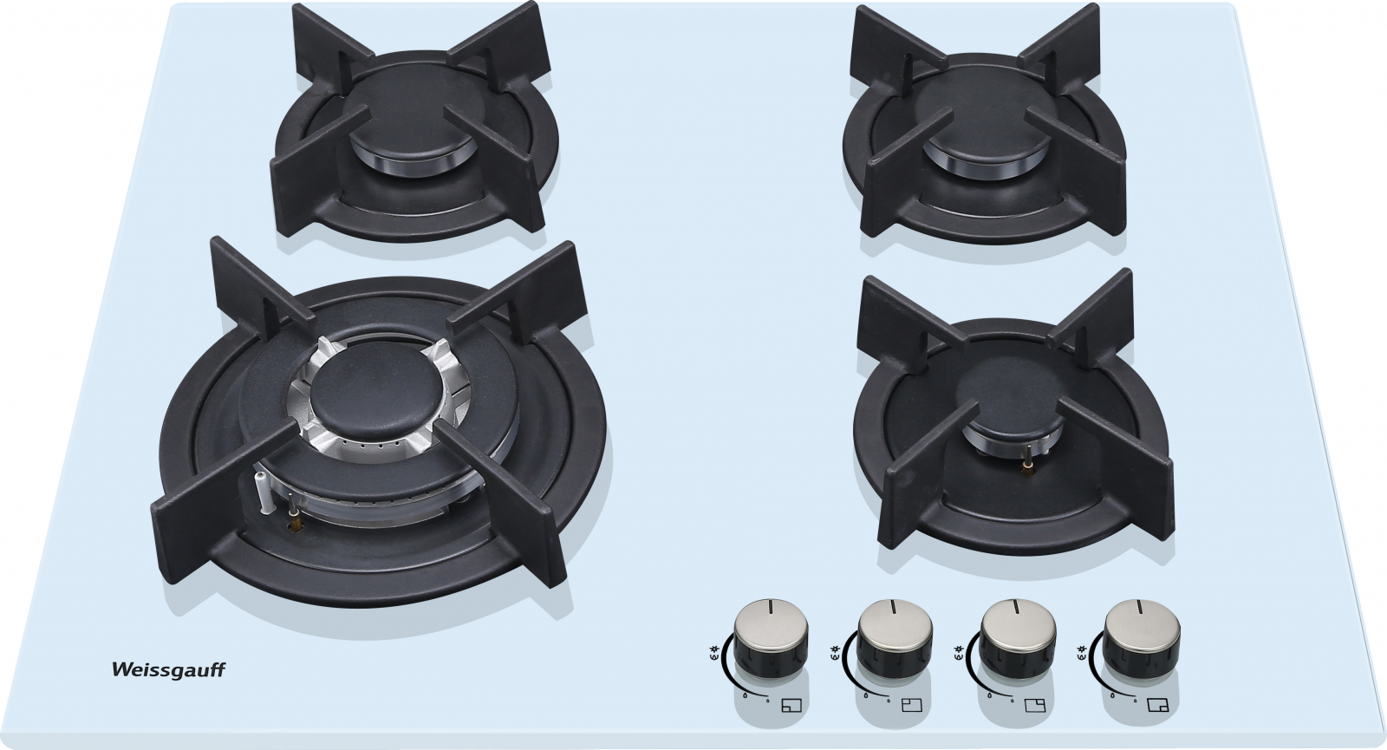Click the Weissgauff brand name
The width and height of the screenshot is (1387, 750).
[168, 671]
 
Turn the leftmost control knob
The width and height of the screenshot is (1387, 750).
[771, 641]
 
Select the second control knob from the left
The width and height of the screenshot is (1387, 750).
[894, 641]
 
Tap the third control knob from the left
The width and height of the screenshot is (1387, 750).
[1018, 641]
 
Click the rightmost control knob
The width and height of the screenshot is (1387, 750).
[1141, 641]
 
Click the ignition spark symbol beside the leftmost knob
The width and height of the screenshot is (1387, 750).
[714, 651]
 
